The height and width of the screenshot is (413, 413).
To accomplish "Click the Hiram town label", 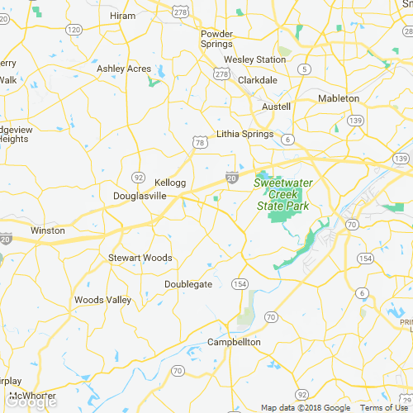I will pyautogui.click(x=122, y=16).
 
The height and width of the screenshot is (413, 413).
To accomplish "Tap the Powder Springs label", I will pyautogui.click(x=217, y=40).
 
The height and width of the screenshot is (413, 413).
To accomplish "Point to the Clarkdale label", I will pyautogui.click(x=258, y=80).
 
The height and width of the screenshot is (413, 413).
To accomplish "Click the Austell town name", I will pyautogui.click(x=276, y=107).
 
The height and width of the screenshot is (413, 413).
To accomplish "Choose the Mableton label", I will pyautogui.click(x=339, y=98).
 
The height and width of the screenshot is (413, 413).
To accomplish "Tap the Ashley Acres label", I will pyautogui.click(x=124, y=69).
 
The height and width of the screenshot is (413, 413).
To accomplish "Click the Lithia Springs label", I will pyautogui.click(x=244, y=133).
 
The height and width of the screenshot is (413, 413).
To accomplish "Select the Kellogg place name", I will pyautogui.click(x=170, y=182).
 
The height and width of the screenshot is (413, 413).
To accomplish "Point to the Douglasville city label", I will pyautogui.click(x=140, y=196).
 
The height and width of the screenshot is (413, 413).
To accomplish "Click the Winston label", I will pyautogui.click(x=47, y=230).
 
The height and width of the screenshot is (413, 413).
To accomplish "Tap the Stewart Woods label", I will pyautogui.click(x=140, y=258).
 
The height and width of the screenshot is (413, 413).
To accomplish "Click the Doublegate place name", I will pyautogui.click(x=188, y=284).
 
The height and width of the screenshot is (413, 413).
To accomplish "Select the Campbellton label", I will pyautogui.click(x=234, y=342).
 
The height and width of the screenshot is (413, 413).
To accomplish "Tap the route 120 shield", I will pyautogui.click(x=74, y=30).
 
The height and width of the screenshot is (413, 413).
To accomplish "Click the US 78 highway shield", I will pyautogui.click(x=200, y=143).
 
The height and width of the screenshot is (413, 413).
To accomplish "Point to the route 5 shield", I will pyautogui.click(x=306, y=69).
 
